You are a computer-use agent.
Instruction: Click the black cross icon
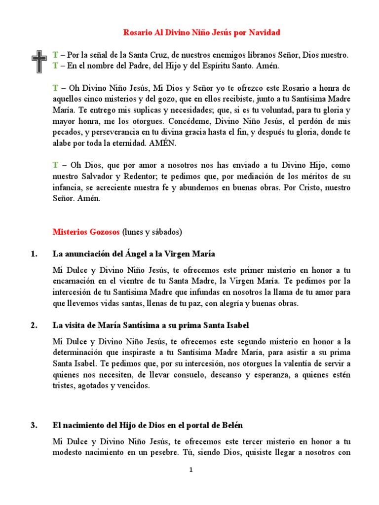click(x=38, y=61)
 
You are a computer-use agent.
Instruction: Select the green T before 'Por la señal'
click(x=55, y=56)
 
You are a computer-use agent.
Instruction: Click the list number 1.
click(x=34, y=254)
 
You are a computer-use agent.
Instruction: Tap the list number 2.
click(x=34, y=325)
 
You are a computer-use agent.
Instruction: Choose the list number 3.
click(x=34, y=425)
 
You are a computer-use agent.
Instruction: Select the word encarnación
click(x=74, y=281)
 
